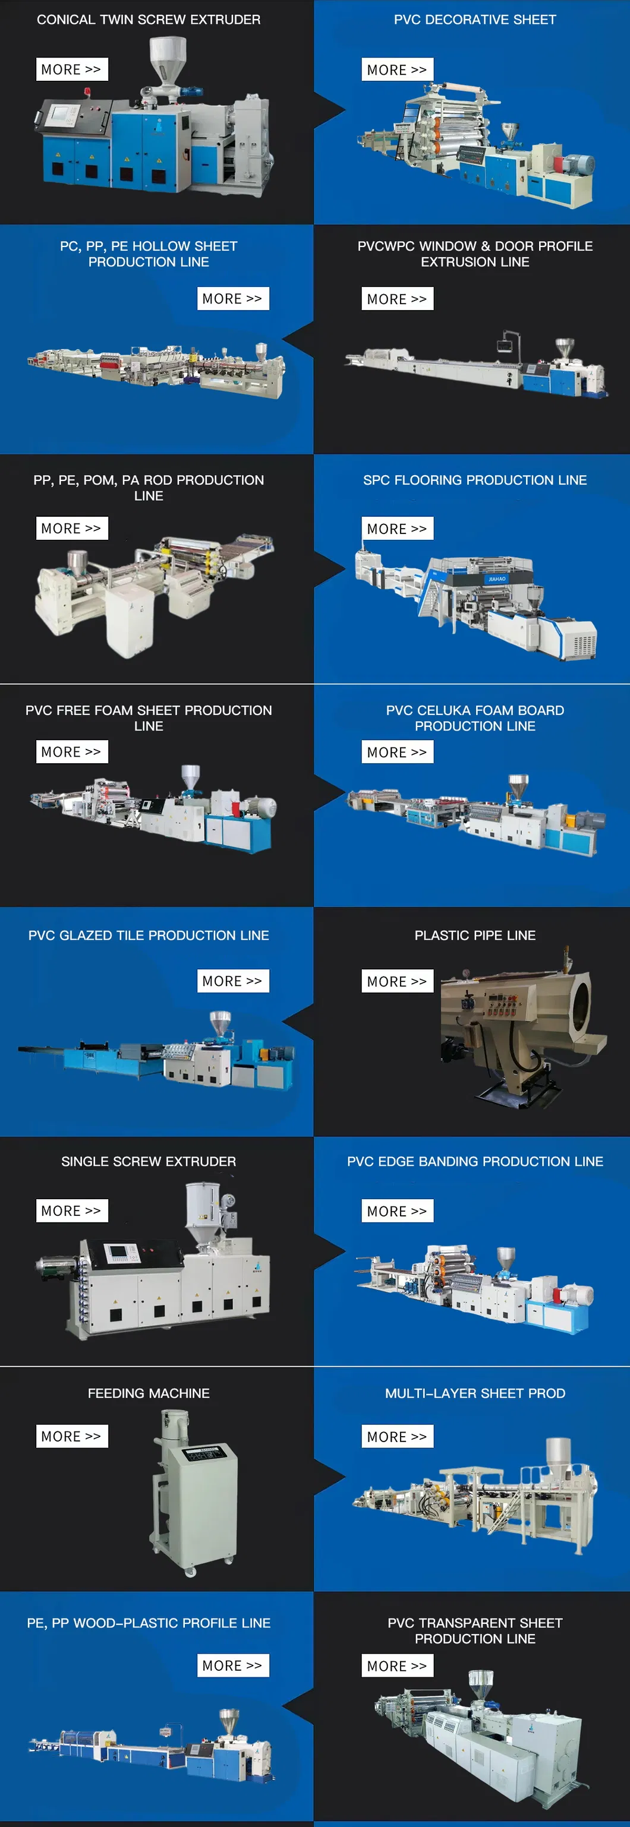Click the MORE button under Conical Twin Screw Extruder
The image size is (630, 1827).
(72, 69)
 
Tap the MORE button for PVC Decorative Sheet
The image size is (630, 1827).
(397, 69)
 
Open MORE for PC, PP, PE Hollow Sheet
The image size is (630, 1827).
(233, 299)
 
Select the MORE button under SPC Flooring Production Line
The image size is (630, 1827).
(397, 529)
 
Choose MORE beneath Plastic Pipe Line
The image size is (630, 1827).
(397, 981)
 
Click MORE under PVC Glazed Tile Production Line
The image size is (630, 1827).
(233, 981)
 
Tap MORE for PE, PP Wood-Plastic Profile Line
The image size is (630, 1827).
(233, 1665)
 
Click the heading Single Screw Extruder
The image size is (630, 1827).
(148, 1161)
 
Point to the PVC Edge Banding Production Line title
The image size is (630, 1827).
(475, 1161)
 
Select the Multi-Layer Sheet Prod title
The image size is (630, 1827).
(475, 1393)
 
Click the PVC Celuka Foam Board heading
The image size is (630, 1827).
(475, 717)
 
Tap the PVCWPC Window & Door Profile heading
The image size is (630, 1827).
(475, 254)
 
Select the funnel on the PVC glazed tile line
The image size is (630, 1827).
(220, 1023)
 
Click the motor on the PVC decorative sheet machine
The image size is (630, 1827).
(578, 164)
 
